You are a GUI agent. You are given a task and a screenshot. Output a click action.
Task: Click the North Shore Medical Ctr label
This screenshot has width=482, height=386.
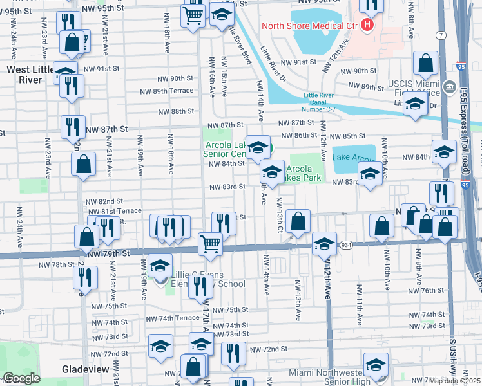309,26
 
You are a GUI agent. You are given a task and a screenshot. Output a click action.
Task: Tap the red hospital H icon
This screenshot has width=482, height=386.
367,25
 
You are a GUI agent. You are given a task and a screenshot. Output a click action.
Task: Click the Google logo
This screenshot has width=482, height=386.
21,378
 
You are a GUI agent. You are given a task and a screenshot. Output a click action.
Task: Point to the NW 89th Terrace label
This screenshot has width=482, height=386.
164,91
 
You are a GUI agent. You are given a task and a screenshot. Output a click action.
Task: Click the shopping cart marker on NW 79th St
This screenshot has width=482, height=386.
209,244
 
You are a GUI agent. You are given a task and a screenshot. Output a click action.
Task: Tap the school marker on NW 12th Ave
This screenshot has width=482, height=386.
324,243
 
